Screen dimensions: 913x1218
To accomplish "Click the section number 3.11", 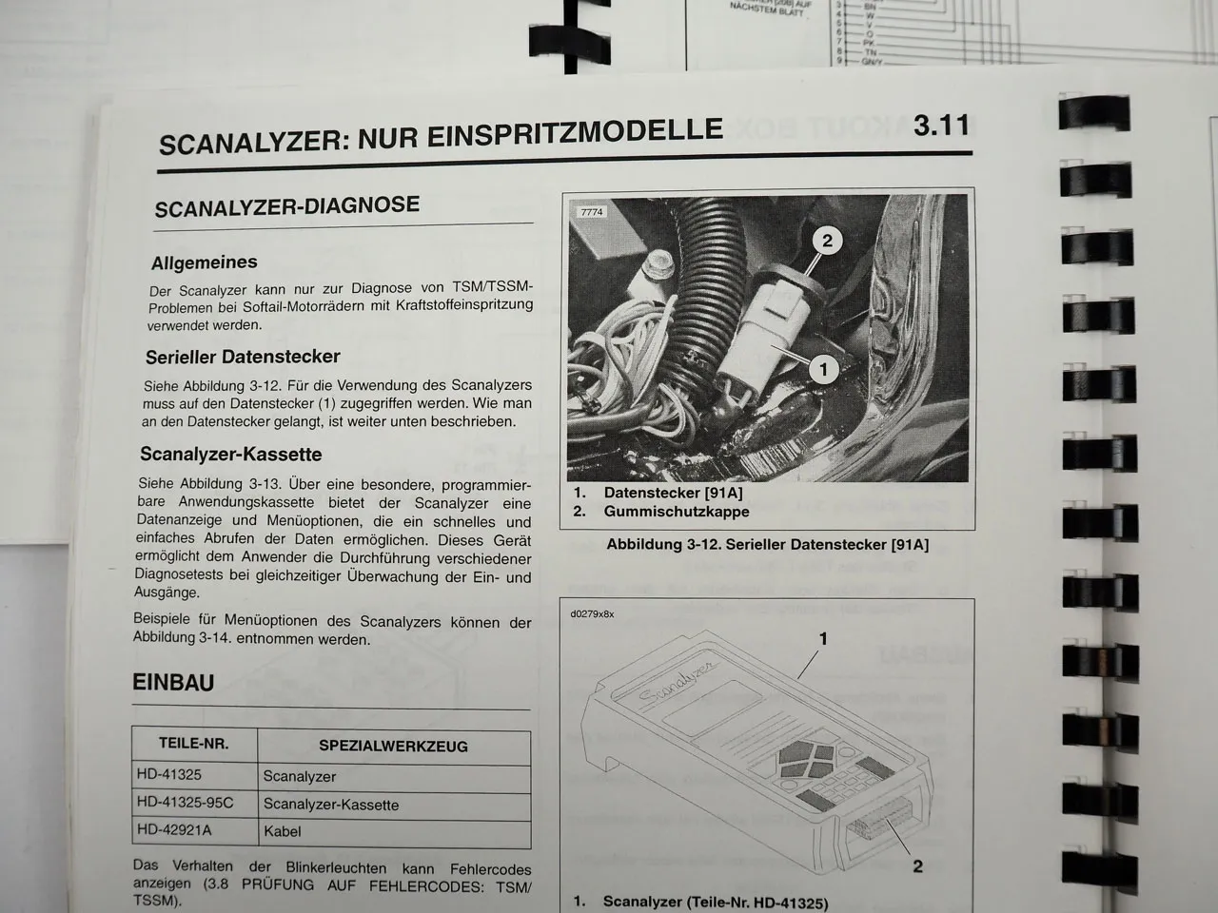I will point(940,126).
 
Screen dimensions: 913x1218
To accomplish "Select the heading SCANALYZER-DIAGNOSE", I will point(286,206).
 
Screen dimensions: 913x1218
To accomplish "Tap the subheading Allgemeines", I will point(204,262).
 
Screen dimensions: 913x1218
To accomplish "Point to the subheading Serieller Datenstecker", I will point(243,358).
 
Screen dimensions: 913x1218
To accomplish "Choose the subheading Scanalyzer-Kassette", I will point(231,455).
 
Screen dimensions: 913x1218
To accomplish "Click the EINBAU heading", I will point(173,683).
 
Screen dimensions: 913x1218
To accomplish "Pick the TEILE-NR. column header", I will point(193,744).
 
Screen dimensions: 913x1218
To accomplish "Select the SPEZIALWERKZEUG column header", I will point(393,747).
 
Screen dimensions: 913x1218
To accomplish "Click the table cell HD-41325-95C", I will point(186,803).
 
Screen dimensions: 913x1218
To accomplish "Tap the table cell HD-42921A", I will point(174,830).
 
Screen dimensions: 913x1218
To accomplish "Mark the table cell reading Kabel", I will point(282,831).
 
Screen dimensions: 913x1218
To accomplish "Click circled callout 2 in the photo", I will point(827,241).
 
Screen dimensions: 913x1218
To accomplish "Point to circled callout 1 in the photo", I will point(823,369).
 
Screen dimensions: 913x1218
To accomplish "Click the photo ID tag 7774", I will point(591,213).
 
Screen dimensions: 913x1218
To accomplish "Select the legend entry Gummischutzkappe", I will point(676,512).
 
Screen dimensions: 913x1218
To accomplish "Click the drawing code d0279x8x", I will point(592,614).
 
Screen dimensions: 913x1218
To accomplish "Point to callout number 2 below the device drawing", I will point(917,866).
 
